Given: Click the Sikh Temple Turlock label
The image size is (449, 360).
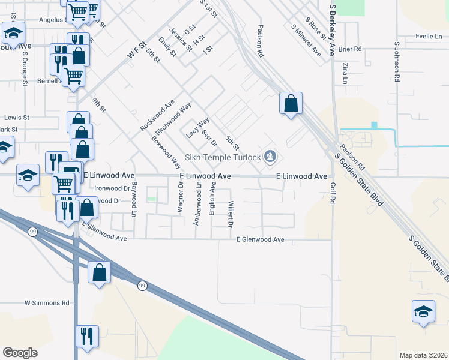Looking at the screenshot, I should [223, 158].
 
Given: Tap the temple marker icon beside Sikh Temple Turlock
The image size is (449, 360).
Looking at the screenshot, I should [271, 157].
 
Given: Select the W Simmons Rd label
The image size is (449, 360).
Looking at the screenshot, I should [47, 304].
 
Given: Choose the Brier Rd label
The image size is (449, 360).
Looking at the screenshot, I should [351, 49].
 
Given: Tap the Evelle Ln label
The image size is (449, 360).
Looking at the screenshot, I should [428, 37].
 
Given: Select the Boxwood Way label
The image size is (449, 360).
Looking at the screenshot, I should [166, 151].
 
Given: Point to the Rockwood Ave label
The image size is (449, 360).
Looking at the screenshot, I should [157, 115].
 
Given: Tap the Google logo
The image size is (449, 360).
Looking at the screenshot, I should [19, 353].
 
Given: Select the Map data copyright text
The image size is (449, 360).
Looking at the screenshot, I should [423, 355].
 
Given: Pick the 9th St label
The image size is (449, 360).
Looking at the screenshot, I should [98, 106].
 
